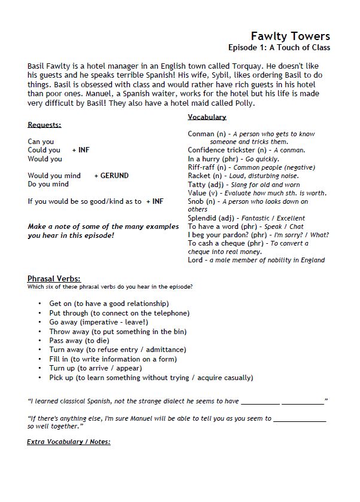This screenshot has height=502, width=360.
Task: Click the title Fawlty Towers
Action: coord(290,36)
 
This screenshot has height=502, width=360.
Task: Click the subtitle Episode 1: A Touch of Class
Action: coord(279,48)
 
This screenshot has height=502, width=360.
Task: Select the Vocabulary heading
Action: coord(207,117)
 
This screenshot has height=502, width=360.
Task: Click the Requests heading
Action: coord(44,125)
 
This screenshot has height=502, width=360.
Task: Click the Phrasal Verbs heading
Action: coord(54,279)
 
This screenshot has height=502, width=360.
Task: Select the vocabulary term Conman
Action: coord(200,134)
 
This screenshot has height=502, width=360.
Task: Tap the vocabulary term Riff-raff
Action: coord(201,167)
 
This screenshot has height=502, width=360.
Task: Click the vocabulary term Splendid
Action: coord(202,218)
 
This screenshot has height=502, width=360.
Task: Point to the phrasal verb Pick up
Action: coord(62,378)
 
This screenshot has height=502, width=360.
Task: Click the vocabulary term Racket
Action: coord(199,176)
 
